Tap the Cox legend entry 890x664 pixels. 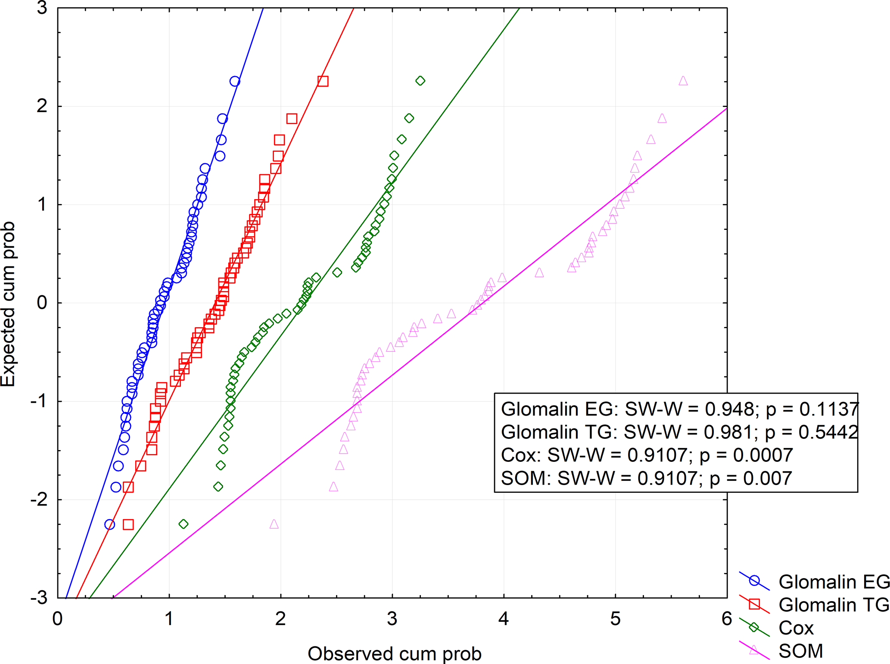tap(796, 628)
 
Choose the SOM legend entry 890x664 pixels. tap(800, 651)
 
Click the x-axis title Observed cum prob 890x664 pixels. tap(394, 654)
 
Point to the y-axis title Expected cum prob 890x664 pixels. tap(9, 304)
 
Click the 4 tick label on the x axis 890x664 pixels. tap(503, 619)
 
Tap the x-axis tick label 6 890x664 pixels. tap(726, 619)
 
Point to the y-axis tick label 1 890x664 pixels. tap(42, 204)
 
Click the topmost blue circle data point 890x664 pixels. tap(235, 81)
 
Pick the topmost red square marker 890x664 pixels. tap(323, 81)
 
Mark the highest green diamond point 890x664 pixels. tap(420, 81)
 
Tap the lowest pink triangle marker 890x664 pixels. tap(274, 524)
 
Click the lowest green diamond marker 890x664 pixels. tap(184, 524)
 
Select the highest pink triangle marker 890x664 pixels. tap(683, 81)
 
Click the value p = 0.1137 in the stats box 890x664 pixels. tap(812, 409)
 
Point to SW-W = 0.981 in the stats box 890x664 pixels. tap(685, 432)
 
